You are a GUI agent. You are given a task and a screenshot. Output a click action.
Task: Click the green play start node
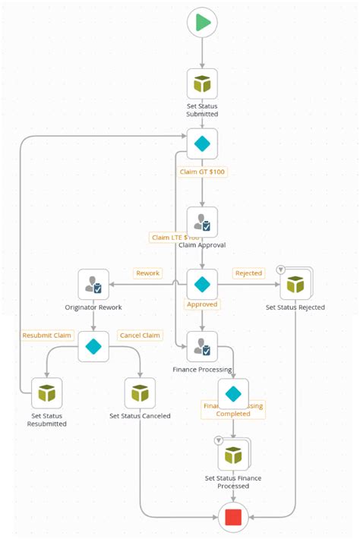pyautogui.click(x=202, y=23)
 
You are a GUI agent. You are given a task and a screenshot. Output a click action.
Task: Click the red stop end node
pyautogui.click(x=233, y=518)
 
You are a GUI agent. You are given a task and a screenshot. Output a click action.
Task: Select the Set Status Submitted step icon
pyautogui.click(x=202, y=84)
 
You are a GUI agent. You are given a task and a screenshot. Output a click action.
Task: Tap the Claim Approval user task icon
pyautogui.click(x=202, y=222)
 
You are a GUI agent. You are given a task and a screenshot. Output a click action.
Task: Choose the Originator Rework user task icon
pyautogui.click(x=93, y=285)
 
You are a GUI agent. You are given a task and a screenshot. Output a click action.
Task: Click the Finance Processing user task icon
pyautogui.click(x=202, y=347)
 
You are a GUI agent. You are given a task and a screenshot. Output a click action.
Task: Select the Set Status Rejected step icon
pyautogui.click(x=295, y=285)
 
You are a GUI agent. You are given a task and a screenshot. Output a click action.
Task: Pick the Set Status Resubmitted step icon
pyautogui.click(x=47, y=393)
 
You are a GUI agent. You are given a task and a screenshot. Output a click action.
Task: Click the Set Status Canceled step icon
pyautogui.click(x=140, y=393)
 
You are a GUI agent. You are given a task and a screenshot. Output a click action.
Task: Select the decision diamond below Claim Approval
pyautogui.click(x=202, y=285)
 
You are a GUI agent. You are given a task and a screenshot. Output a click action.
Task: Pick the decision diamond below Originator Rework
pyautogui.click(x=93, y=347)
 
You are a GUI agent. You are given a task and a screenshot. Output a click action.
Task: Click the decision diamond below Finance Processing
pyautogui.click(x=233, y=393)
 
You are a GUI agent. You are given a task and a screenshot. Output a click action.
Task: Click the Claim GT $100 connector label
pyautogui.click(x=202, y=172)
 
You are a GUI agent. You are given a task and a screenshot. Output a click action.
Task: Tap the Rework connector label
pyautogui.click(x=147, y=273)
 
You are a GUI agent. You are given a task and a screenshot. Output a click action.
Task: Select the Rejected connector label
pyautogui.click(x=248, y=273)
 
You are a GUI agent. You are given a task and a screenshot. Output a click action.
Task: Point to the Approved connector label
pyautogui.click(x=202, y=304)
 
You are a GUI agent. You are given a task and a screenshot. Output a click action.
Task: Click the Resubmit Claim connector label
pyautogui.click(x=47, y=336)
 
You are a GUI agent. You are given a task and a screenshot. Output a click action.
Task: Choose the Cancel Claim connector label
pyautogui.click(x=140, y=336)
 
